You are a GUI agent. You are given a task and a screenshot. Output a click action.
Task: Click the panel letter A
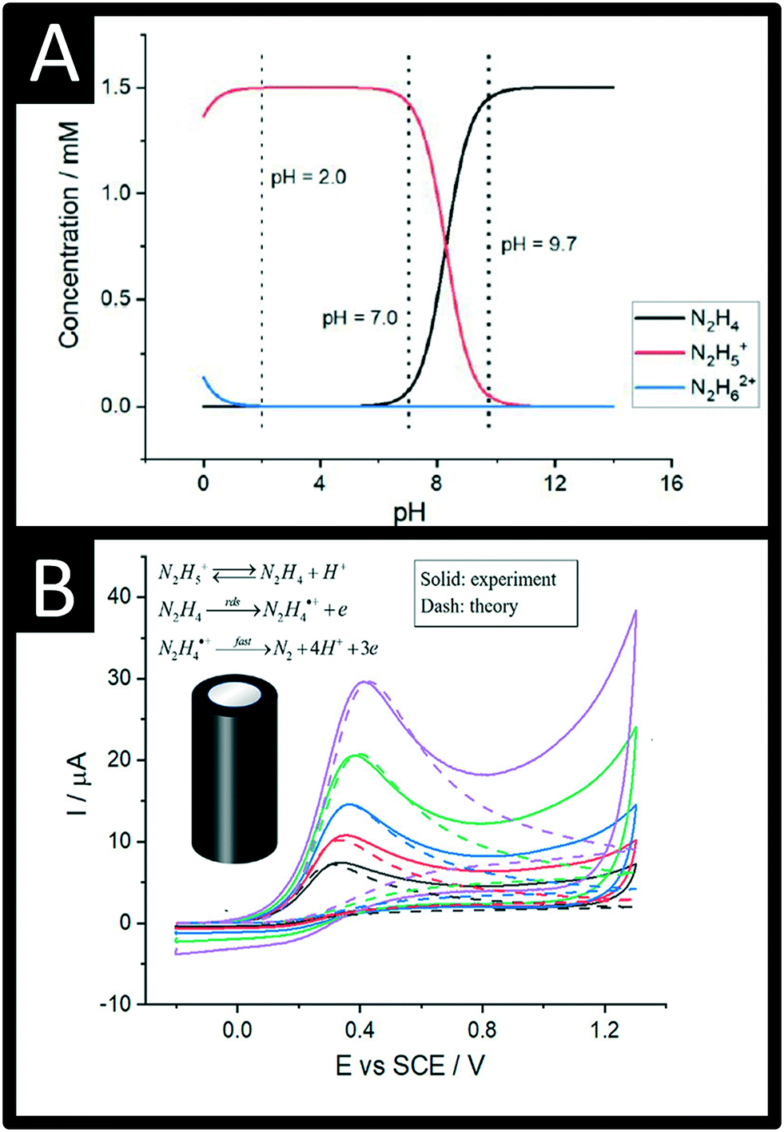point(54,54)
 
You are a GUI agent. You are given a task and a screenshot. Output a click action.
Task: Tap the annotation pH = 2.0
point(308,177)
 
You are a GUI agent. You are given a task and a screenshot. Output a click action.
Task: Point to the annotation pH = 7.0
point(360,318)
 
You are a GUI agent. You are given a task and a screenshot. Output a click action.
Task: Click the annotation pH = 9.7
point(539,245)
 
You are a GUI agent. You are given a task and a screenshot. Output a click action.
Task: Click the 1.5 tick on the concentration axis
point(116,87)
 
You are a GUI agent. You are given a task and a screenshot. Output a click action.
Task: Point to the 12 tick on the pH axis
point(555,483)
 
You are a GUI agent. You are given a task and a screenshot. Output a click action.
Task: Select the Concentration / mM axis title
point(69,234)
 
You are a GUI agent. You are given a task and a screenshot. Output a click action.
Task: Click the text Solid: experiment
point(488,580)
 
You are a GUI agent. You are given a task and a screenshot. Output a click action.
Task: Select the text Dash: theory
point(469,607)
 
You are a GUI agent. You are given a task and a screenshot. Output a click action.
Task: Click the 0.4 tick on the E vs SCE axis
point(360,1029)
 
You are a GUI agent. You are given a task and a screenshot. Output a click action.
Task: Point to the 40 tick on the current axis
point(119,597)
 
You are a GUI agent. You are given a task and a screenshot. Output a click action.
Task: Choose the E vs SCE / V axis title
point(410,1065)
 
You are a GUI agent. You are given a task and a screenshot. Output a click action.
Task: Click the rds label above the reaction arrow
point(233,601)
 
